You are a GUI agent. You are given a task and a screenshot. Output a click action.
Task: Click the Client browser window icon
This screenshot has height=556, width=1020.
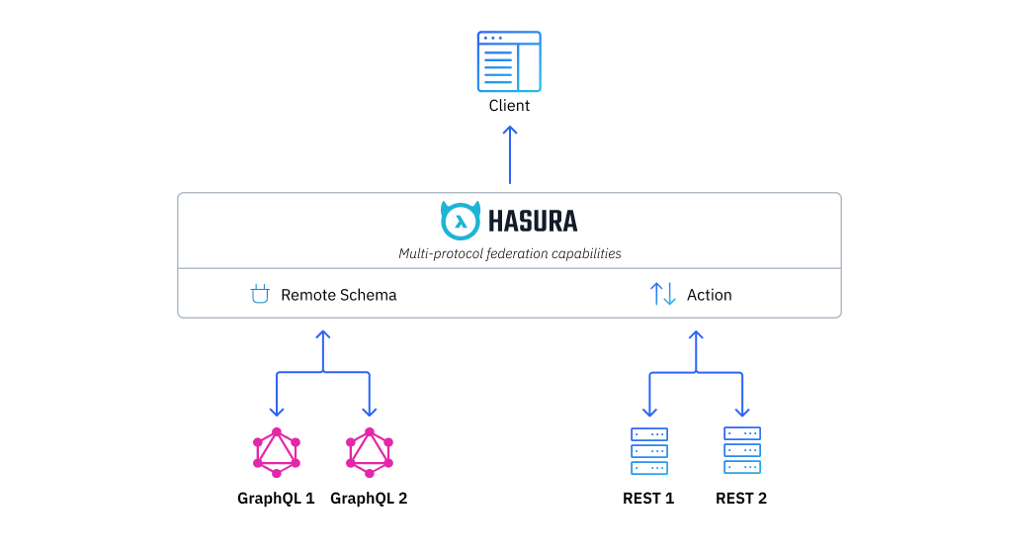coord(509,61)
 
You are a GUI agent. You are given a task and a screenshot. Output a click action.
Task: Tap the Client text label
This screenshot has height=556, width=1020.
coord(509,106)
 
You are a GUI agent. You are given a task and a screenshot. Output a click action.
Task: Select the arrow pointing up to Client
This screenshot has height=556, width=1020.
coord(510,153)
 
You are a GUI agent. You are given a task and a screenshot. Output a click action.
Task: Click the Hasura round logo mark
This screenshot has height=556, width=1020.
coord(460,221)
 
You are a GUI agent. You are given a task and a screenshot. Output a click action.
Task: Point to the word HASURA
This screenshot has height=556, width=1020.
coord(533,222)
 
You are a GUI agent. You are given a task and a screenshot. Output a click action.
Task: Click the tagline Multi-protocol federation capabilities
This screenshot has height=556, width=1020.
coord(510,253)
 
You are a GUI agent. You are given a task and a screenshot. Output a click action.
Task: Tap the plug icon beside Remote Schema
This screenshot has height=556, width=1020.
coord(260,294)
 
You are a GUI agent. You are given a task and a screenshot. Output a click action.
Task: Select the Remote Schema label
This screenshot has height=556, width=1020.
coord(338,295)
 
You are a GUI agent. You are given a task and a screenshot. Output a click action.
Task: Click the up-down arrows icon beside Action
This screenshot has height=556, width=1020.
coord(662,294)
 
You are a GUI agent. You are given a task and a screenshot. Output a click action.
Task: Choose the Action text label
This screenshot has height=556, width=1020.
coord(710,295)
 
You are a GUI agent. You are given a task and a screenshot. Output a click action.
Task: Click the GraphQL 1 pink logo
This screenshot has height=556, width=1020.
coord(276,451)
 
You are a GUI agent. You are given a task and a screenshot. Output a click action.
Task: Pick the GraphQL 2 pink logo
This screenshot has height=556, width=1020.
coord(369,451)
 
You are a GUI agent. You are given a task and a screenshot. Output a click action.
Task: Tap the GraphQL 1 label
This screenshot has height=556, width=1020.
coord(276,499)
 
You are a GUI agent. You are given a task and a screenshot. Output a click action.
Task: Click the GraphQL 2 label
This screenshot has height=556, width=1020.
coord(369,499)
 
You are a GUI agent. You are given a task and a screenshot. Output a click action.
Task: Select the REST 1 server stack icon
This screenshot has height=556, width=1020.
coord(648,451)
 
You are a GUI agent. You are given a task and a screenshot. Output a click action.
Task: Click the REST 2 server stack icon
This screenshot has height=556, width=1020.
coord(741,450)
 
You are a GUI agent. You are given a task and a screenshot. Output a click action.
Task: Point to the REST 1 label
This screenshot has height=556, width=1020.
coord(648,499)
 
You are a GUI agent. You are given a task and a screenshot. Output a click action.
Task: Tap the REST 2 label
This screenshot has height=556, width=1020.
coord(741,499)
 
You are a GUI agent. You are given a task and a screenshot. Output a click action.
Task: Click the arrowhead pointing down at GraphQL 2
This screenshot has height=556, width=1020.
coord(369,411)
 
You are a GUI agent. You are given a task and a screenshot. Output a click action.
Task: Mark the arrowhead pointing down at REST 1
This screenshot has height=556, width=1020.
coord(649,411)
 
